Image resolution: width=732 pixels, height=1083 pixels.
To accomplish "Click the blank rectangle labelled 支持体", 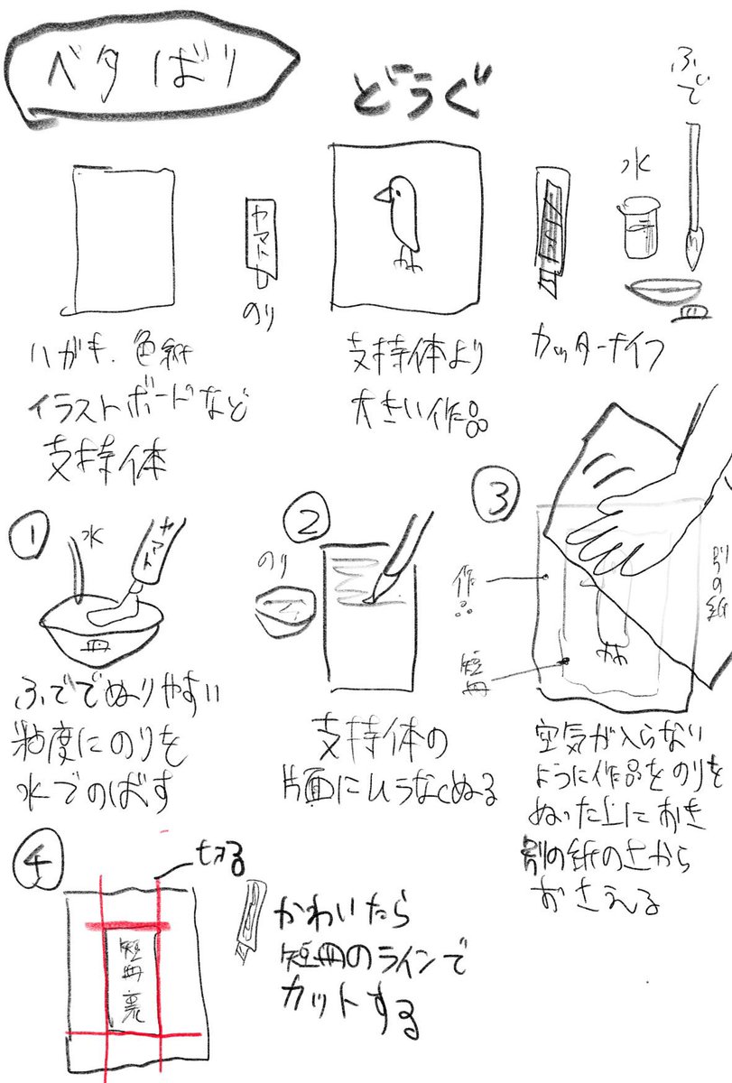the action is click(x=124, y=237).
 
